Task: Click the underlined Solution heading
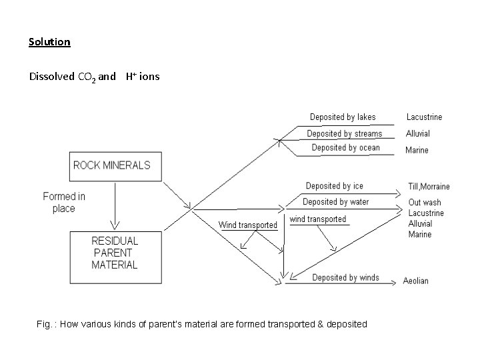point(49,42)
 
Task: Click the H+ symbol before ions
point(131,76)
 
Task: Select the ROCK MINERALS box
point(111,166)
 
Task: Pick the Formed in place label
point(64,202)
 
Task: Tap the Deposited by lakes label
point(343,117)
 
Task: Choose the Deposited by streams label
point(345,134)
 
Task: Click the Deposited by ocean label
point(345,148)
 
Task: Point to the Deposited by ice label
point(334,186)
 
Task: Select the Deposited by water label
point(335,202)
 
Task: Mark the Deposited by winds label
point(345,278)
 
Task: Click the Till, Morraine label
point(429,187)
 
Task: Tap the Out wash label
point(425,203)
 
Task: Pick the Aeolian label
point(416,281)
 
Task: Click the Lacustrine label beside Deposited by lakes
point(424,117)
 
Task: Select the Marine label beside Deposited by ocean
point(417,150)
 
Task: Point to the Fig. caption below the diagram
point(202,324)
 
